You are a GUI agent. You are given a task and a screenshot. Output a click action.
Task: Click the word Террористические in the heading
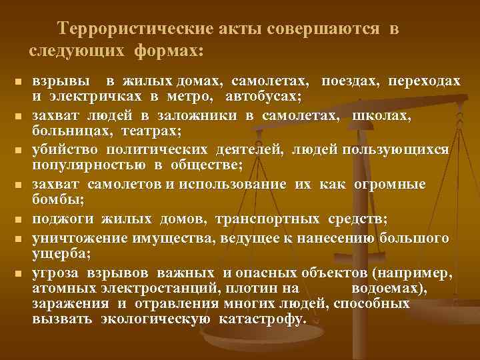tap(134, 29)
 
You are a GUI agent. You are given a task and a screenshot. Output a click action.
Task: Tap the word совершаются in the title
tap(323, 29)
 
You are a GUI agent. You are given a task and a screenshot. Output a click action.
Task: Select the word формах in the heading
tap(167, 50)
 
